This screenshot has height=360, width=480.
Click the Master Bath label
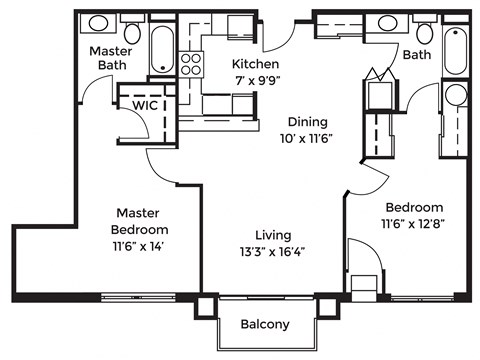112,58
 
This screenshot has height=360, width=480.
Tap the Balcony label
266,324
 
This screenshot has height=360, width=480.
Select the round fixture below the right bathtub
455,96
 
